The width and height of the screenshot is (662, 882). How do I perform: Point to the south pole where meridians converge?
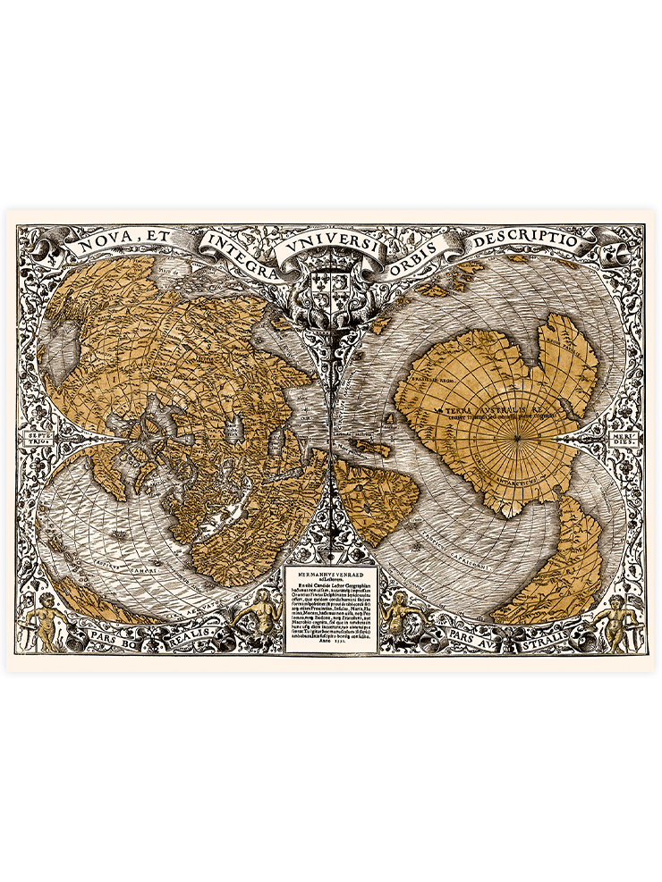[x=516, y=437]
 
